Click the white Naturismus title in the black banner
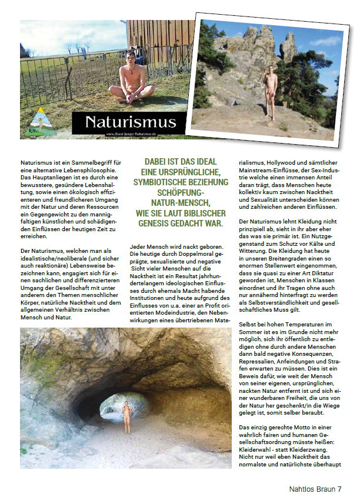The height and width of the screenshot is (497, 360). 130,122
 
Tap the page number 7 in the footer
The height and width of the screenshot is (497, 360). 340,488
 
